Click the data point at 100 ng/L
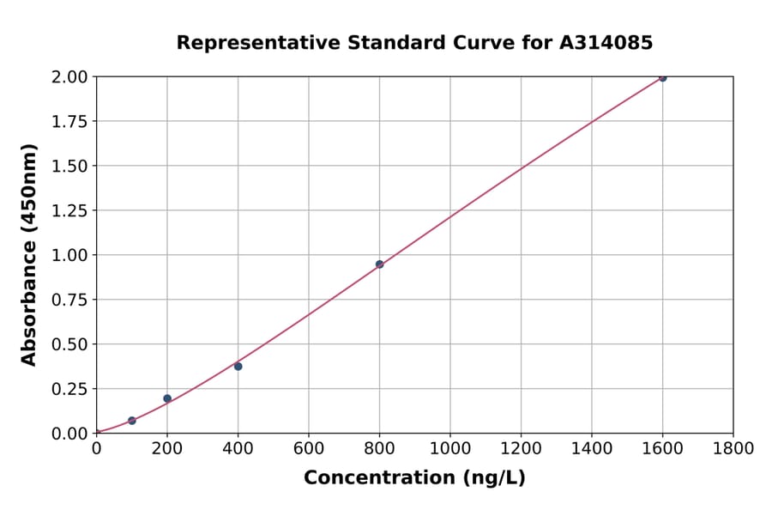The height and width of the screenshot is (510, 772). [x=132, y=421]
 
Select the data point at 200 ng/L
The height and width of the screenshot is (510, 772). [x=167, y=398]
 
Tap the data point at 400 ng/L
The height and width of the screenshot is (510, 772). [x=238, y=367]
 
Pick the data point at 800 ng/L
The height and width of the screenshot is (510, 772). [x=379, y=264]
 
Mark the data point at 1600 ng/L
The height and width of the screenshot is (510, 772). [x=662, y=78]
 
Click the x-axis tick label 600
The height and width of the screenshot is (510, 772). [x=309, y=448]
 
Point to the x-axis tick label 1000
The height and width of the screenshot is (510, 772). [x=450, y=448]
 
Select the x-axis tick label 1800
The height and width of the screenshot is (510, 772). [x=733, y=448]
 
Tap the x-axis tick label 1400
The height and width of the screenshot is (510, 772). [x=592, y=448]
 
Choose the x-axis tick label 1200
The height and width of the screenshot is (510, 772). [x=521, y=448]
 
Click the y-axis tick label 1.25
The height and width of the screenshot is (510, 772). [x=69, y=210]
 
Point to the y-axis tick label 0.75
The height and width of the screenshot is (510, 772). [x=69, y=300]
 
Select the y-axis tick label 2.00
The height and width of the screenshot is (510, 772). [x=69, y=77]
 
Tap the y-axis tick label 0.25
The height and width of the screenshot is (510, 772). [x=69, y=389]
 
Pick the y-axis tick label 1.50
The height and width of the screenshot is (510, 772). [x=69, y=166]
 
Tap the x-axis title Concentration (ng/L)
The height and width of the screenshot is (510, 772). [x=414, y=478]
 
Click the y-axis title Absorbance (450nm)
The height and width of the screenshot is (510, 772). [x=29, y=255]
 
